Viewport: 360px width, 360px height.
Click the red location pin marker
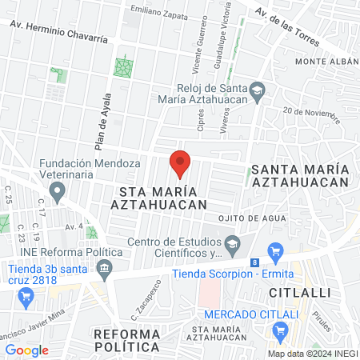coord(180,162)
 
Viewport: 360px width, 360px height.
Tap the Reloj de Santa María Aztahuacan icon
coord(257,91)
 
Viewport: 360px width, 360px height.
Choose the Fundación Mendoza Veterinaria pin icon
coord(57,191)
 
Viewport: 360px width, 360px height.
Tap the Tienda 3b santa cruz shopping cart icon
coord(26,297)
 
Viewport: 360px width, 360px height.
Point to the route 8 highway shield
coord(254,262)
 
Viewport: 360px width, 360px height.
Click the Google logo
coord(27,350)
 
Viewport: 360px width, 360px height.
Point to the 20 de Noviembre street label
coord(312,114)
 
